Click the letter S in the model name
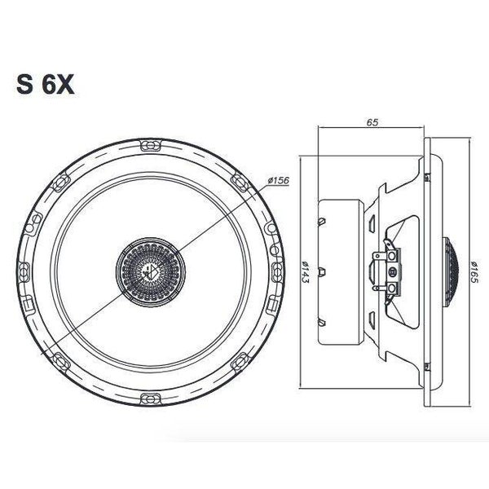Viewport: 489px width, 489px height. (x=24, y=84)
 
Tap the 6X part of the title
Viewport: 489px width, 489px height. (x=59, y=84)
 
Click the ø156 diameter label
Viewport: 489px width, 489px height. (x=278, y=181)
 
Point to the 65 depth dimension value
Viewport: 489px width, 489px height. (x=372, y=122)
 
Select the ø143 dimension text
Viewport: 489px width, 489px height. (x=306, y=271)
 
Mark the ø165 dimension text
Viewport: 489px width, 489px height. (x=474, y=272)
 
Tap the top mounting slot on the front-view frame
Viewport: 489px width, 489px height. (x=151, y=146)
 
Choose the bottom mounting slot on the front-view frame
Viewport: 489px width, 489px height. (x=151, y=399)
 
